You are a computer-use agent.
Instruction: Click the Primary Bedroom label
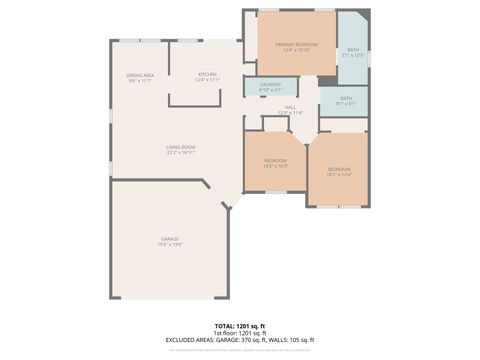[297, 45]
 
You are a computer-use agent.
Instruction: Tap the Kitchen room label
[207, 75]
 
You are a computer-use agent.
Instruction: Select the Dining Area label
[140, 75]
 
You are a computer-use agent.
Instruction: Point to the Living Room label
[181, 147]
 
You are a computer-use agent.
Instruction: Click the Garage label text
[170, 239]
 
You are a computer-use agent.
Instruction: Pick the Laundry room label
[271, 85]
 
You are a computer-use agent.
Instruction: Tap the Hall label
[290, 107]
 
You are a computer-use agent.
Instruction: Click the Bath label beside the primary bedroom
[353, 49]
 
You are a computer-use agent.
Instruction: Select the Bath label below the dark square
[346, 98]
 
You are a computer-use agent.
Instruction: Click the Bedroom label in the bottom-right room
[339, 169]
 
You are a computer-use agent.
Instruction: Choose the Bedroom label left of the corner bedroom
[276, 161]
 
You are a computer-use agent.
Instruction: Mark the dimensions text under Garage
[170, 245]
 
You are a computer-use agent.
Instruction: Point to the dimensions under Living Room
[181, 153]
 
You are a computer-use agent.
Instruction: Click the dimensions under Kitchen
[207, 81]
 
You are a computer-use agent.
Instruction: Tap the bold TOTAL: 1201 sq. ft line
[240, 326]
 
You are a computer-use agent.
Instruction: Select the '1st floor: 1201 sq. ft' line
[240, 333]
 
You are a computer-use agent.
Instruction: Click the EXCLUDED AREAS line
[240, 340]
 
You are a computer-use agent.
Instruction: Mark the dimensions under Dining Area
[140, 81]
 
